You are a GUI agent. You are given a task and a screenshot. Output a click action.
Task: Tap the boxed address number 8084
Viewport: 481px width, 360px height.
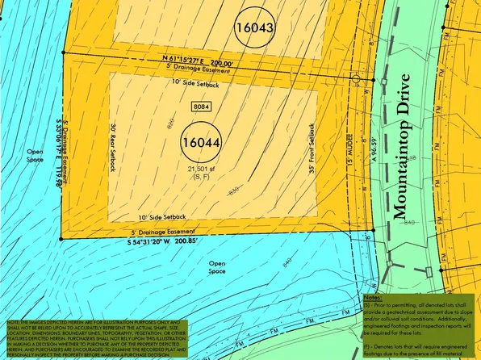coord(201,107)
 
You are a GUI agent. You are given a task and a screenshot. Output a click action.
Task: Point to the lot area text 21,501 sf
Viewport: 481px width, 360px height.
coord(203,168)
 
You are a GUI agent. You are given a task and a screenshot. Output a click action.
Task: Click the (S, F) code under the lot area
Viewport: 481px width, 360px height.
coord(203,176)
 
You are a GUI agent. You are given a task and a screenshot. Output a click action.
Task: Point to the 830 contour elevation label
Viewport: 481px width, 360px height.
coord(234,190)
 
